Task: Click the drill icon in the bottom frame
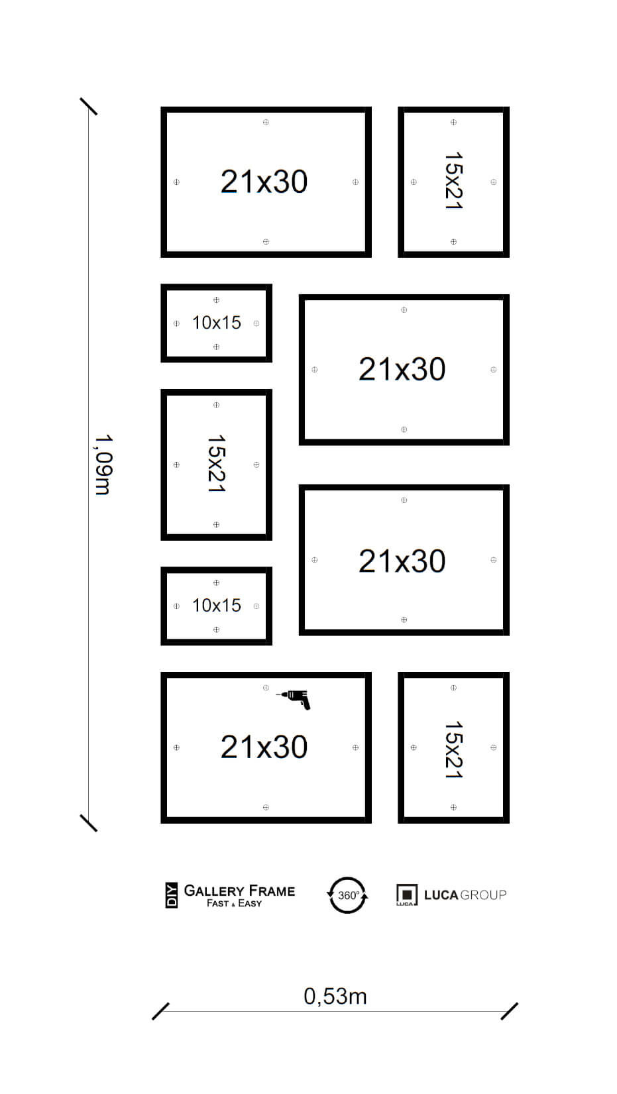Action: [294, 699]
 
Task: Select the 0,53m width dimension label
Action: [335, 997]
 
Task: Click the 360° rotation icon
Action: [347, 895]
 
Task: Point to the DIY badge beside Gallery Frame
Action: [172, 895]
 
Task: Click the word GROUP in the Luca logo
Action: [483, 895]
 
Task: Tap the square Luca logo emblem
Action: [406, 895]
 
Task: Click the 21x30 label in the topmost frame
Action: [264, 182]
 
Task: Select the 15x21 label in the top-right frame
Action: [453, 181]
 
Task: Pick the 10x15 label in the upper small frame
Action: [217, 323]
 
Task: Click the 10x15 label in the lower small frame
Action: [217, 606]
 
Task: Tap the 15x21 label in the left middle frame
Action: [216, 463]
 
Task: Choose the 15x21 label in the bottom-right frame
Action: [453, 749]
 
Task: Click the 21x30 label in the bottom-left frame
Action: [264, 747]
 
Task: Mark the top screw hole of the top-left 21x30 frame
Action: [266, 122]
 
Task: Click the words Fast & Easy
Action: [234, 903]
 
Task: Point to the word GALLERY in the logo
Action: [214, 891]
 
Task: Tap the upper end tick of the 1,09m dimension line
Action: [88, 107]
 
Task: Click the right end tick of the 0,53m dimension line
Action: [509, 1011]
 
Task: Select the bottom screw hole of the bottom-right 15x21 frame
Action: [453, 807]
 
